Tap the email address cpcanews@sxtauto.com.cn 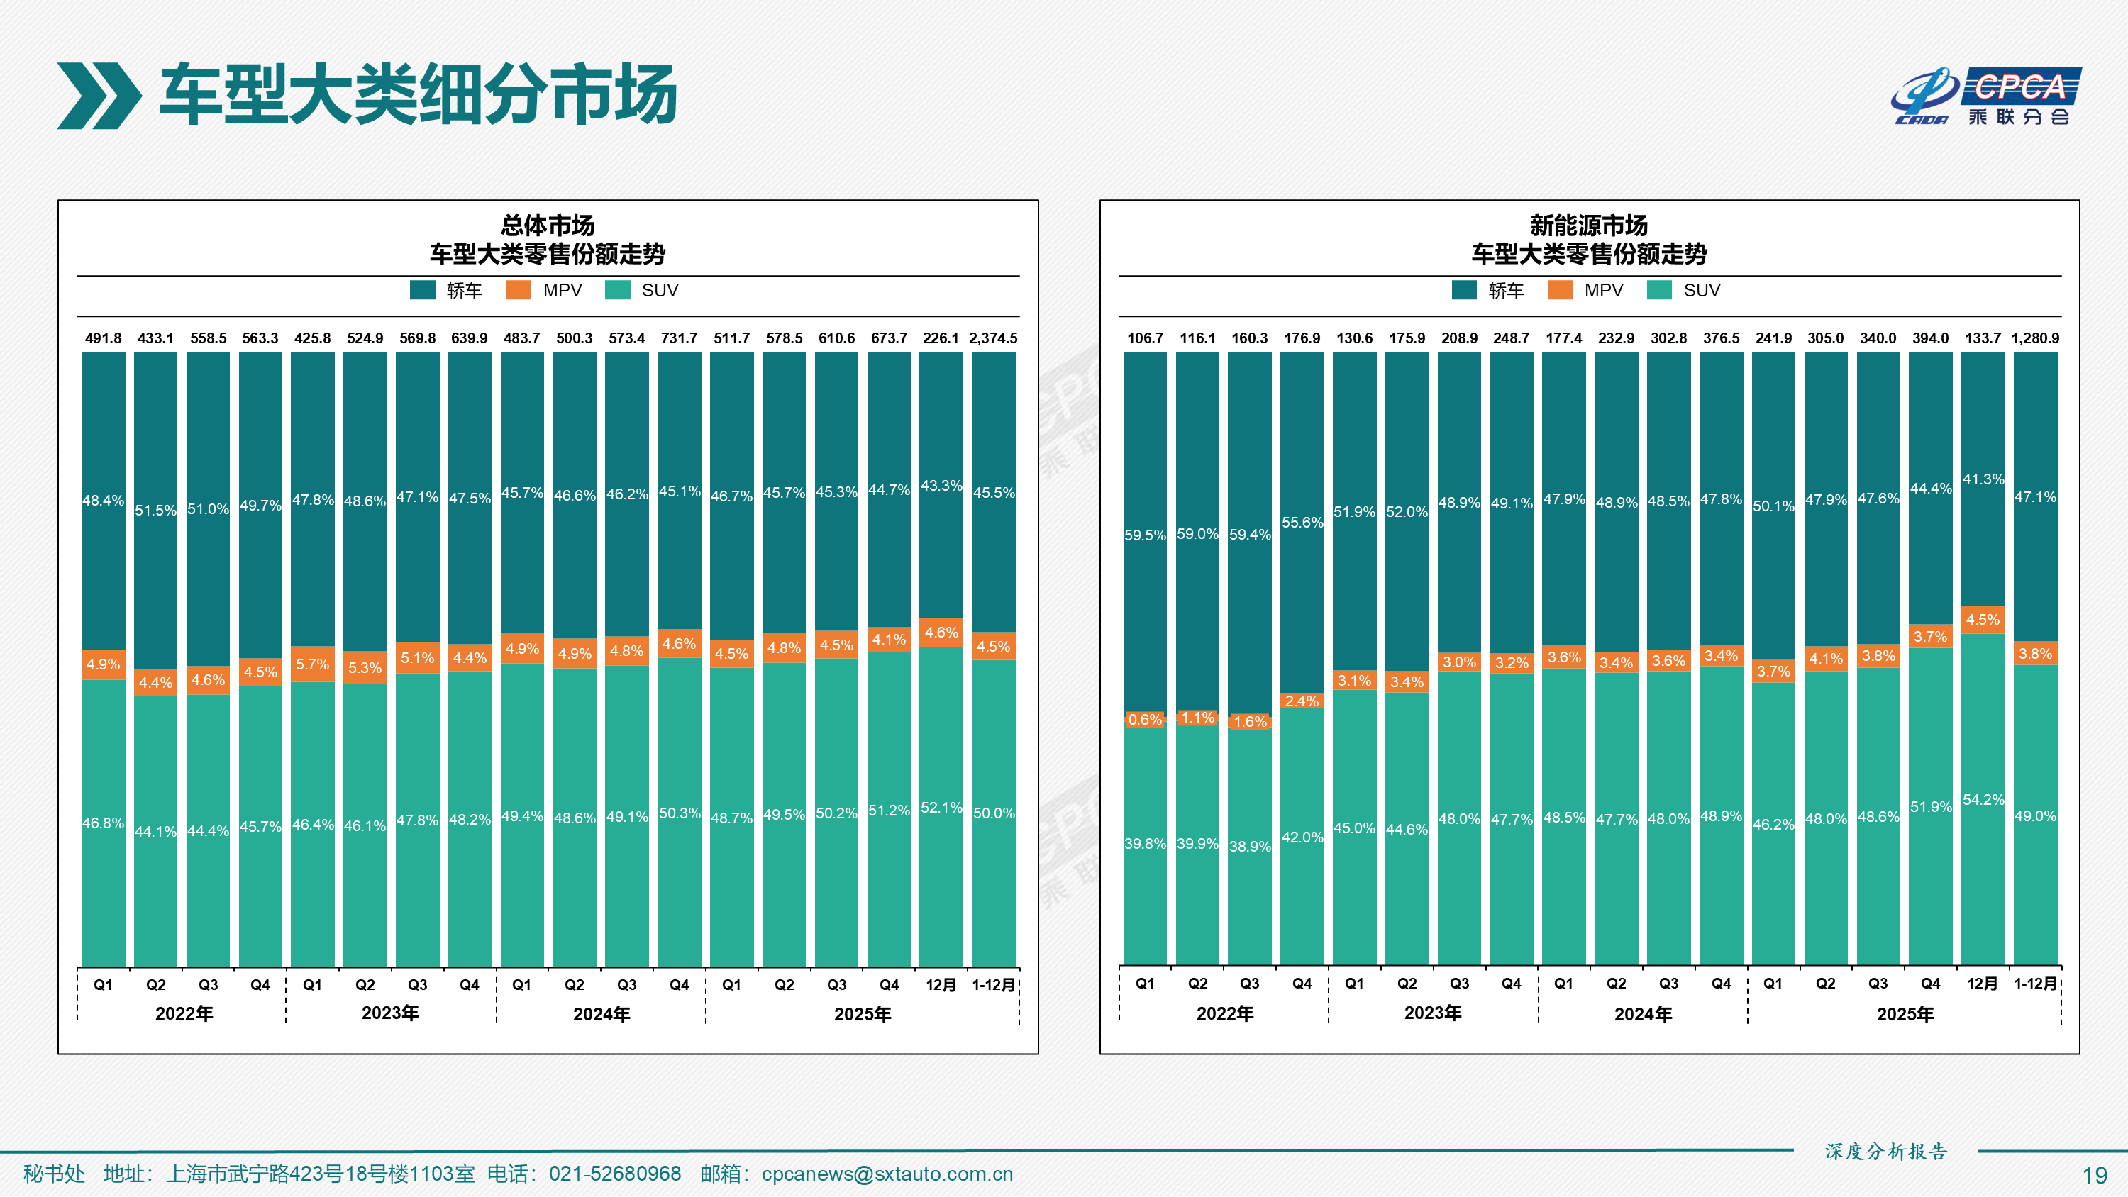(887, 1174)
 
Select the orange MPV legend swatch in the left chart (519, 290)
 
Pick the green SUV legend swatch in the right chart (1659, 290)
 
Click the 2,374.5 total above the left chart (993, 338)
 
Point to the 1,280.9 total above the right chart (2034, 338)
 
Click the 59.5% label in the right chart (1144, 535)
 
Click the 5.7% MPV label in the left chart (312, 664)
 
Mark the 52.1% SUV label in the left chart (941, 807)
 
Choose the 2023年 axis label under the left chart (390, 1013)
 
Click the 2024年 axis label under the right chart (1642, 1013)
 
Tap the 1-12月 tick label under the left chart (993, 985)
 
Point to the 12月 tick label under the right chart (1983, 983)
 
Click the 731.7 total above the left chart (679, 338)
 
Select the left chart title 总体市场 (547, 225)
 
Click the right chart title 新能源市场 (1587, 225)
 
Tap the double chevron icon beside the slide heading (99, 96)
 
